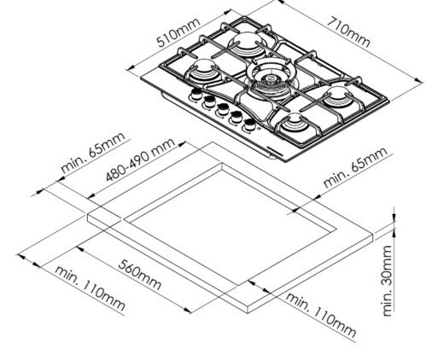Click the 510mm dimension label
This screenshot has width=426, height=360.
[178, 32]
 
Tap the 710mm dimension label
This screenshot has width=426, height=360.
[348, 32]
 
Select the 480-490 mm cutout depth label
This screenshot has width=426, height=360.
[140, 160]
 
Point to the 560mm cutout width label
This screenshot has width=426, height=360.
[140, 274]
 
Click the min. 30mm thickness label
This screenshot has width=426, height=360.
[388, 281]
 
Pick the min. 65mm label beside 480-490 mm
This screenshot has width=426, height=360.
[93, 153]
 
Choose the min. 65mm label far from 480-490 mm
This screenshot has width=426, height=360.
[355, 167]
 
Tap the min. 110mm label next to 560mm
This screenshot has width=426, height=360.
[90, 288]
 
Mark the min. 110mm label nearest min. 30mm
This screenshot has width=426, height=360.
[320, 315]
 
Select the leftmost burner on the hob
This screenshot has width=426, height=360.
[202, 70]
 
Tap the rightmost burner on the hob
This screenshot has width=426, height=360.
[337, 96]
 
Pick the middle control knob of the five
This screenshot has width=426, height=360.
[222, 109]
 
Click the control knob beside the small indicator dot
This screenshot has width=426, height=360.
[248, 125]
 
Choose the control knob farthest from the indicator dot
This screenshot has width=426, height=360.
[195, 94]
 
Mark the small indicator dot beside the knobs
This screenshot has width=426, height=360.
[259, 129]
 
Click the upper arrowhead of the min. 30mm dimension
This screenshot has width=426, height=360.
[394, 218]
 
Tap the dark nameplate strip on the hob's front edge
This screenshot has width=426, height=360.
[274, 152]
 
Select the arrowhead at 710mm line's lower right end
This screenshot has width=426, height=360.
[419, 80]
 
